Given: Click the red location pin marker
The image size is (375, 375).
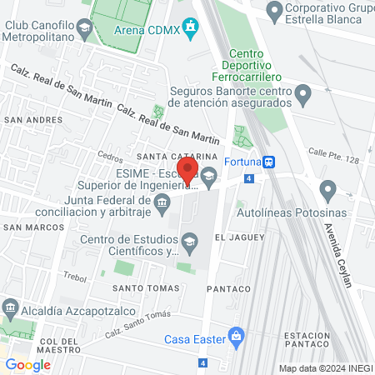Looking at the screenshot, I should [x=187, y=171].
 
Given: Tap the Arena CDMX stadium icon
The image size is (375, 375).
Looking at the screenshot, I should [x=192, y=29].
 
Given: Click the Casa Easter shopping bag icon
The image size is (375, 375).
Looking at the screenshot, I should [x=237, y=337].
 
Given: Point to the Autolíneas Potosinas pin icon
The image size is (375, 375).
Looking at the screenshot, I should [x=327, y=192].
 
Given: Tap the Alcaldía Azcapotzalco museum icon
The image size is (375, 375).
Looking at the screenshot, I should [x=10, y=307].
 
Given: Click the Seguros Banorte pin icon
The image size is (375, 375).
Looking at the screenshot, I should [x=303, y=93].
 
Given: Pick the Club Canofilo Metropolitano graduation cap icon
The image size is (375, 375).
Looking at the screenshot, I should [x=83, y=31].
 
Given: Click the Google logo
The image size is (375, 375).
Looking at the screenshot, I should [x=28, y=364].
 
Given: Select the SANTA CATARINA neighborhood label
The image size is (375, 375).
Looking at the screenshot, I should [x=177, y=156].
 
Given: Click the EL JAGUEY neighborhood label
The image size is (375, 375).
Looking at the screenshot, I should [x=239, y=237].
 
